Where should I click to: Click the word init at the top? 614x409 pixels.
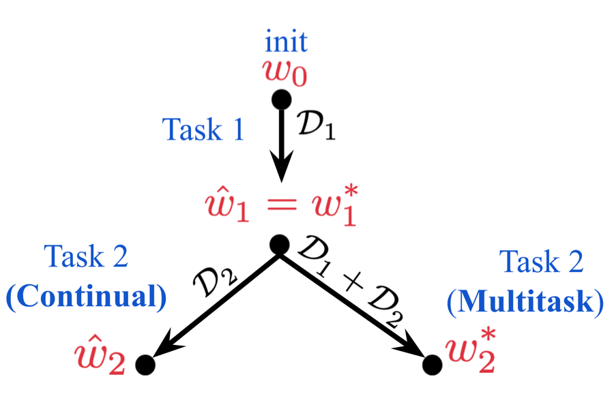[287, 42]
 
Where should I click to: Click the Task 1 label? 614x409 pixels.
[203, 128]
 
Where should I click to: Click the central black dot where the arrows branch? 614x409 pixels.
[279, 244]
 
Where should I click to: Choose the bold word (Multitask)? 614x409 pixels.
[525, 301]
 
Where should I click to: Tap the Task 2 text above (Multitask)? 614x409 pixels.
[542, 262]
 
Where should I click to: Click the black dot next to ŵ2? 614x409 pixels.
[145, 365]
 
